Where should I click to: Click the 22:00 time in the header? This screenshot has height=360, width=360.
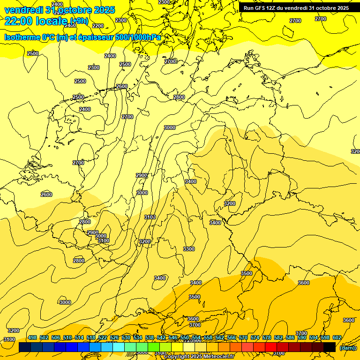coord(19,21)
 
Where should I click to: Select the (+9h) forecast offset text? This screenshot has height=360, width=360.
coord(79,21)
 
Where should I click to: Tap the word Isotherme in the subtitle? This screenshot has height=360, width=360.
coord(22,37)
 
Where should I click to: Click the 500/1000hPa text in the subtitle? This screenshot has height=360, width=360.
coord(138,37)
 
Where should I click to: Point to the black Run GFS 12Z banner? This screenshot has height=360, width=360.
coord(296,8)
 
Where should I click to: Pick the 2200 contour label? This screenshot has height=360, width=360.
coord(98,26)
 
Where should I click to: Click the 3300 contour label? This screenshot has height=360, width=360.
coord(189,249)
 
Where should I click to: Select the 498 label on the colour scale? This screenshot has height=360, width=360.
coord(32,337)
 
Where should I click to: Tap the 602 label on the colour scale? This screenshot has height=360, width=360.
coord(337,337)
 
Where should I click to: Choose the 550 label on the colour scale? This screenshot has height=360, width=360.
coord(185,337)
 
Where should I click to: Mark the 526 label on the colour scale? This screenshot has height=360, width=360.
coord(114,337)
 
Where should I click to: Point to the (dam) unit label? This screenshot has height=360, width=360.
coord(348,348)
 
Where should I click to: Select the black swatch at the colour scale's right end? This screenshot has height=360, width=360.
coord(330,347)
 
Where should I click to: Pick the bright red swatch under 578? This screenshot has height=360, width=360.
coord(270,347)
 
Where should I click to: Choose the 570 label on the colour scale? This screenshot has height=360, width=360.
coord(243,337)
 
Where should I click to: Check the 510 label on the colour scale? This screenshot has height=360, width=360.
coord(67,337)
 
